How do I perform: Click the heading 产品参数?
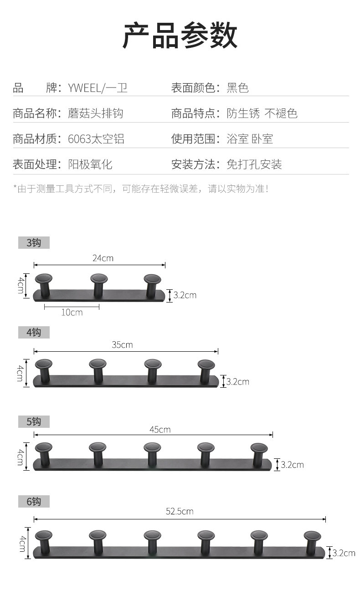tap(180, 36)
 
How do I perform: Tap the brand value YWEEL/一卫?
tap(98, 87)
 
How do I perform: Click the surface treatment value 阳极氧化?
tap(90, 164)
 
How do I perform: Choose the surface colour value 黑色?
tap(237, 87)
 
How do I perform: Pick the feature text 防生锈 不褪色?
tap(262, 113)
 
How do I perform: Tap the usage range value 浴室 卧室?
tap(250, 139)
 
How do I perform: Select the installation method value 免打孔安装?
tap(254, 164)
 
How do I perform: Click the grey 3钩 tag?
tap(34, 242)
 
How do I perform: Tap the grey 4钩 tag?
tap(34, 333)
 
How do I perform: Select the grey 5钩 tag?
tap(34, 421)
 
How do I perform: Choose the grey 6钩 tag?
tap(34, 502)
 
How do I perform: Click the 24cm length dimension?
tap(103, 258)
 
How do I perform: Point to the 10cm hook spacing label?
tap(72, 313)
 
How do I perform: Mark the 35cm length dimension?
tap(122, 345)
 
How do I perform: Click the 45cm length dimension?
tap(160, 429)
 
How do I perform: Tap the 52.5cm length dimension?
tap(180, 511)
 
